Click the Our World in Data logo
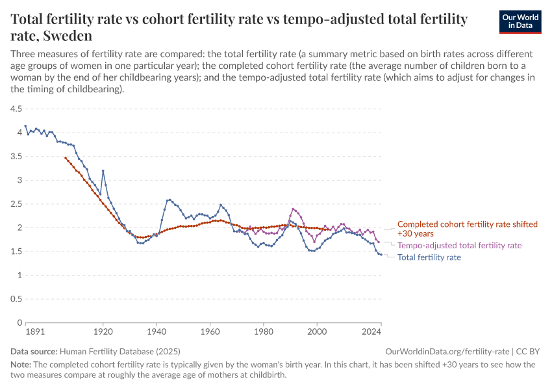pos(520,21)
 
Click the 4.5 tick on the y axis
pos(16,109)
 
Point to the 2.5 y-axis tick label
pos(16,204)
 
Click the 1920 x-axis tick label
pos(103,332)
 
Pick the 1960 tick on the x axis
pos(210,332)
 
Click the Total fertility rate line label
pos(429,257)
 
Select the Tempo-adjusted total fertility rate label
pos(459,246)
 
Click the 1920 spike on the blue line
pos(103,171)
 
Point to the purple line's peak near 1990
pos(294,209)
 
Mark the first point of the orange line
pos(66,157)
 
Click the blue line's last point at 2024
pos(381,254)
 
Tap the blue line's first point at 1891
pos(25,126)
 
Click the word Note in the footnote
pos(21,365)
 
